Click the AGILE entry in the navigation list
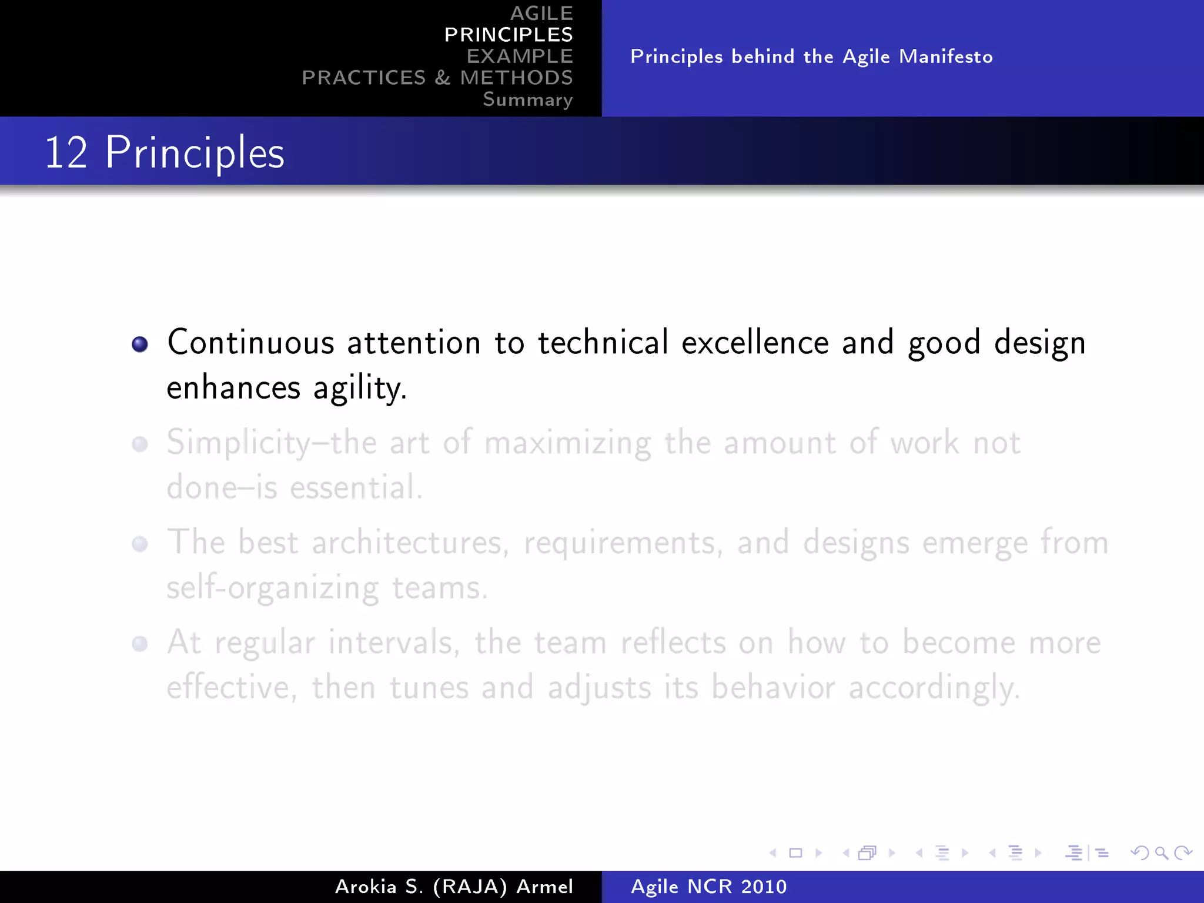541,13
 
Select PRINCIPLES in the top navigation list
508,35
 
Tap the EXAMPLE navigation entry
520,56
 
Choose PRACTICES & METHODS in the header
437,78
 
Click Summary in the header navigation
527,99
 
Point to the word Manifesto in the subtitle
945,57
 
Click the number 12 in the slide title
66,153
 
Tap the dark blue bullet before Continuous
140,344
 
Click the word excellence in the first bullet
754,343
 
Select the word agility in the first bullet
359,389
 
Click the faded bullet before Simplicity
140,444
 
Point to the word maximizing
567,444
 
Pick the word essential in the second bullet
356,488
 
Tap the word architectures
410,543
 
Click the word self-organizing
273,588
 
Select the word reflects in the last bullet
673,643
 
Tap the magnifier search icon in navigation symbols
1161,852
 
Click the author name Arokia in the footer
366,887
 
